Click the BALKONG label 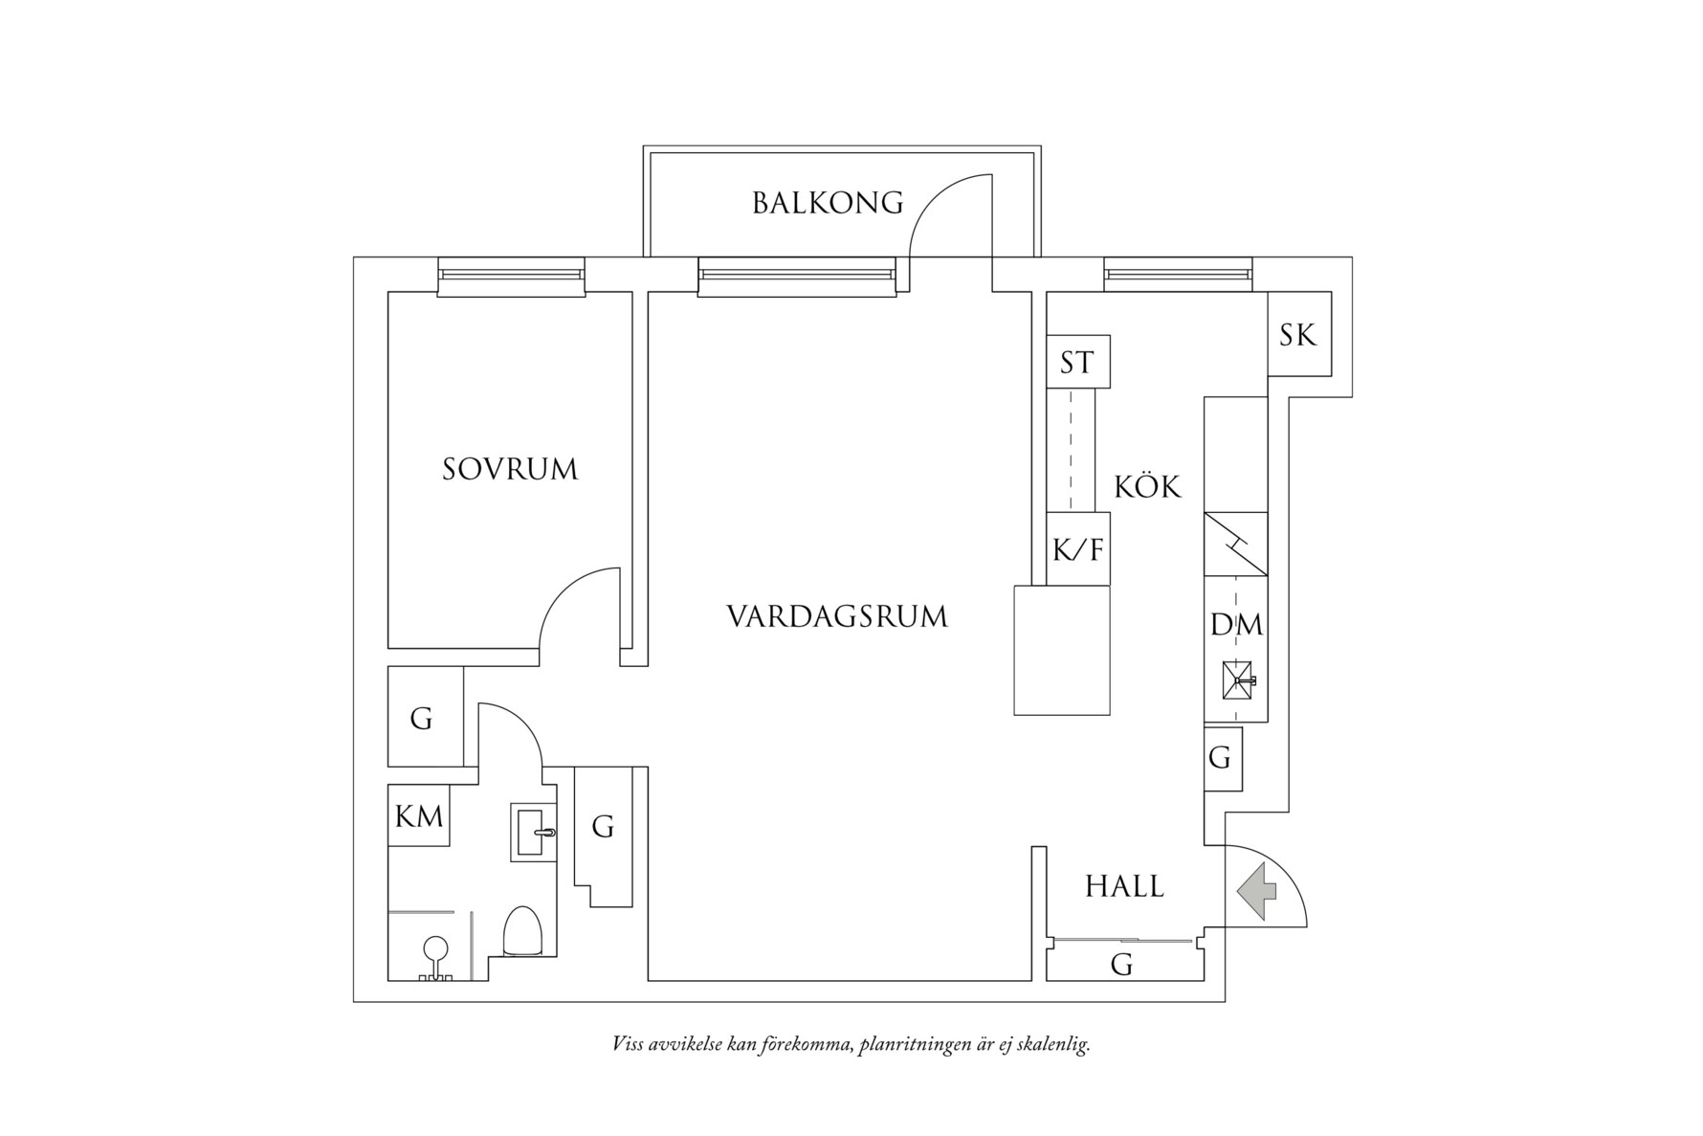click(828, 203)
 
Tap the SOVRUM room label click(510, 469)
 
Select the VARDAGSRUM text click(837, 616)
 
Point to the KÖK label click(1147, 487)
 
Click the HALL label click(1124, 887)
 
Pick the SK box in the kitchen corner click(1298, 335)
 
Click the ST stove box click(1077, 362)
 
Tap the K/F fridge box click(1077, 549)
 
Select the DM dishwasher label click(1236, 625)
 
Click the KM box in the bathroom click(419, 815)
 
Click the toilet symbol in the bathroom click(522, 931)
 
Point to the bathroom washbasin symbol click(534, 832)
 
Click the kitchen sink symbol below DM click(1237, 679)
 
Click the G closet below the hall click(1122, 965)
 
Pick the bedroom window click(511, 276)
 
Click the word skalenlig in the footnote click(1050, 1044)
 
